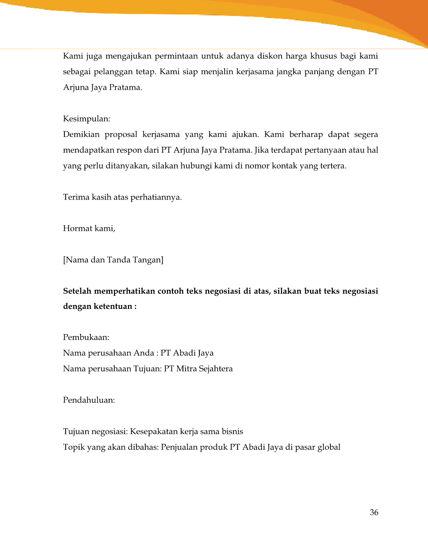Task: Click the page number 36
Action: click(x=374, y=513)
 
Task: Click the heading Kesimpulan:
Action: click(x=86, y=118)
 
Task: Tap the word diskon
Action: click(x=270, y=56)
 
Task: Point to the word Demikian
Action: click(x=81, y=134)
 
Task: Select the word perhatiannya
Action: click(x=156, y=198)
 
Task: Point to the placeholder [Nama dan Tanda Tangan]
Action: click(x=113, y=260)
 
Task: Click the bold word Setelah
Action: click(x=77, y=291)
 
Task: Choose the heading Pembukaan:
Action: click(x=86, y=337)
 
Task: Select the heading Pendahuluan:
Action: click(x=89, y=400)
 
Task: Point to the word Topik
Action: click(x=74, y=447)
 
